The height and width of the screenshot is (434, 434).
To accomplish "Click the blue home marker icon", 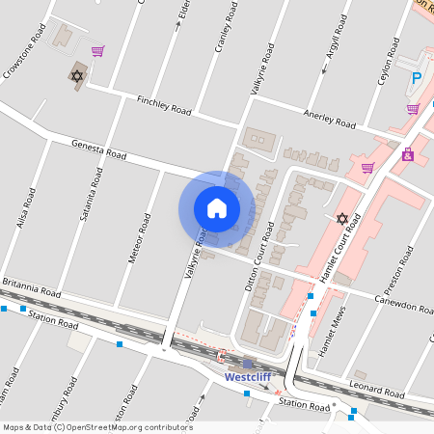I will [x=216, y=208].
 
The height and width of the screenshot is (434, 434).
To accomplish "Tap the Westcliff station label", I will [x=248, y=377].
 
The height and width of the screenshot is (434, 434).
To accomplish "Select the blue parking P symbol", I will [x=417, y=79].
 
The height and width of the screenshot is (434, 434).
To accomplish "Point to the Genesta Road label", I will [x=98, y=149].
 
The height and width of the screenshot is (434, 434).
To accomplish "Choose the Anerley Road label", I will [x=331, y=119].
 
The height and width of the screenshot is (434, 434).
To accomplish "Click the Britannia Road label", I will [x=31, y=288].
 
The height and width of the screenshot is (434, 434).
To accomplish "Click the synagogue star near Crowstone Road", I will [x=77, y=75].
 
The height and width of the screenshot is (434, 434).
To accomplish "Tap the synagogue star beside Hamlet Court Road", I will [x=341, y=219].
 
